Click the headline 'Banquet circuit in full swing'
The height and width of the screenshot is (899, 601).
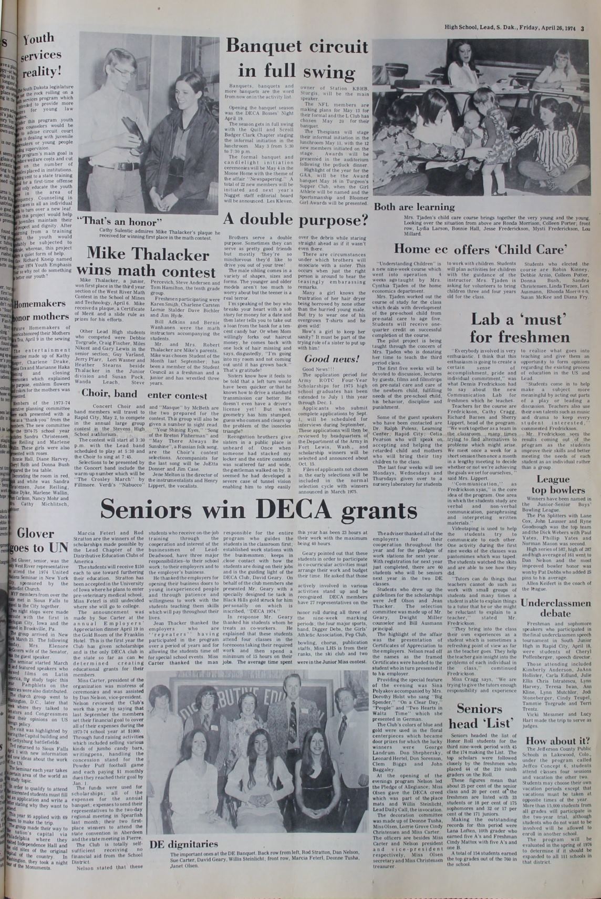[297, 58]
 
